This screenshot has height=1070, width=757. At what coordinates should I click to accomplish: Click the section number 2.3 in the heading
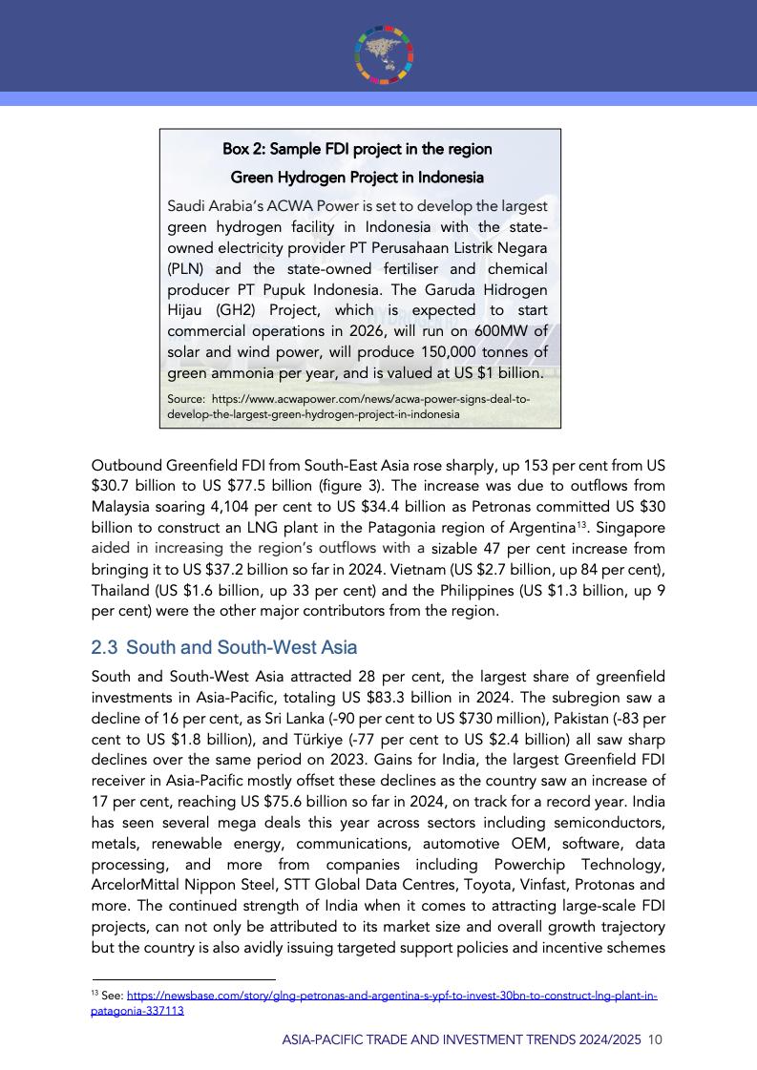tap(104, 648)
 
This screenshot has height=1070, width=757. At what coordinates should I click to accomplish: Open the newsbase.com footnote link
tap(391, 997)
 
